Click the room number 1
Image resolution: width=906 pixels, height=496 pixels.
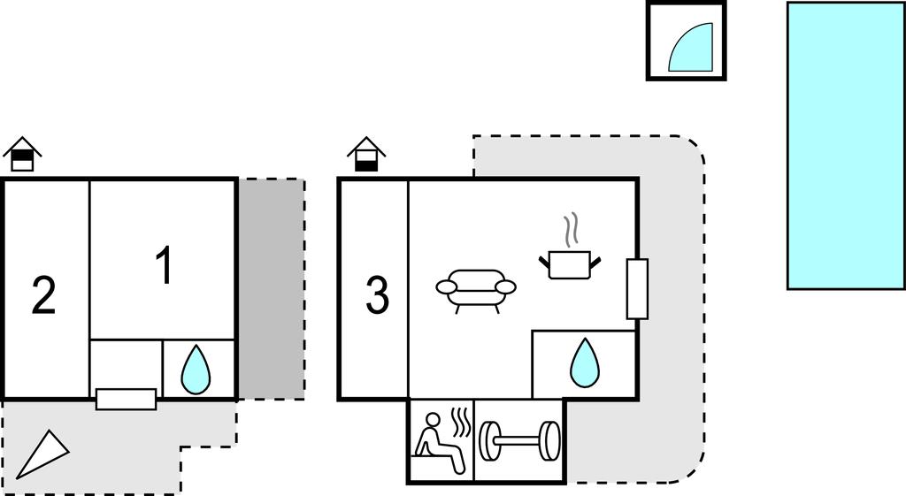coord(164,265)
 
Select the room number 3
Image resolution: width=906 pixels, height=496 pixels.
coord(378,295)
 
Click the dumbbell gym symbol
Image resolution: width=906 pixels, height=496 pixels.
coord(519,441)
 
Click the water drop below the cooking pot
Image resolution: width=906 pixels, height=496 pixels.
coord(583,363)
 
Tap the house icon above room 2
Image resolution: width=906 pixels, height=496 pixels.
coord(23,154)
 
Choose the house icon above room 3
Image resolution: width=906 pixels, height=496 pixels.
coord(365,154)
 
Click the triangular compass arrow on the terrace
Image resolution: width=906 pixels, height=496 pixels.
coord(42,454)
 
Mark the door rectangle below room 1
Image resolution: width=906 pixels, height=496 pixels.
coord(126,399)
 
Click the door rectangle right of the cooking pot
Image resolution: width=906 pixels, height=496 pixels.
coord(637,289)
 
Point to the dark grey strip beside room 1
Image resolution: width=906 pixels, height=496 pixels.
coord(271,288)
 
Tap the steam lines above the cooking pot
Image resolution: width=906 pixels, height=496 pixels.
coord(572,229)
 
